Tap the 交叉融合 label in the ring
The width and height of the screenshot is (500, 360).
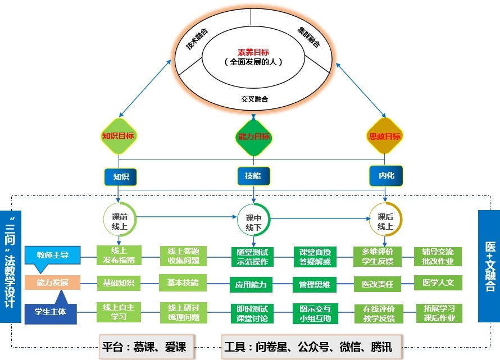[254, 99]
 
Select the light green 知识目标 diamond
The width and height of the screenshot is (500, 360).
[119, 136]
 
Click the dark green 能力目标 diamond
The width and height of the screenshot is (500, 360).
[254, 136]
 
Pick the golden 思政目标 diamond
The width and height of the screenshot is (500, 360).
[385, 136]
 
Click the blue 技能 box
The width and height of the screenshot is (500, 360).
[253, 176]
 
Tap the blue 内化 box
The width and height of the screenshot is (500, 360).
[387, 176]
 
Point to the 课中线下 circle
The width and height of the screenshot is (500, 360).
[254, 221]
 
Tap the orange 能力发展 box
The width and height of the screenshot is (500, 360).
[52, 282]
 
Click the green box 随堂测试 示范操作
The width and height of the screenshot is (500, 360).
[253, 256]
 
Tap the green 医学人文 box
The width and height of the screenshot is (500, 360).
[438, 282]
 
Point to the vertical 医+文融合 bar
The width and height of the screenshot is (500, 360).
[489, 266]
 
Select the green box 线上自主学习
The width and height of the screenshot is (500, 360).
[119, 312]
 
